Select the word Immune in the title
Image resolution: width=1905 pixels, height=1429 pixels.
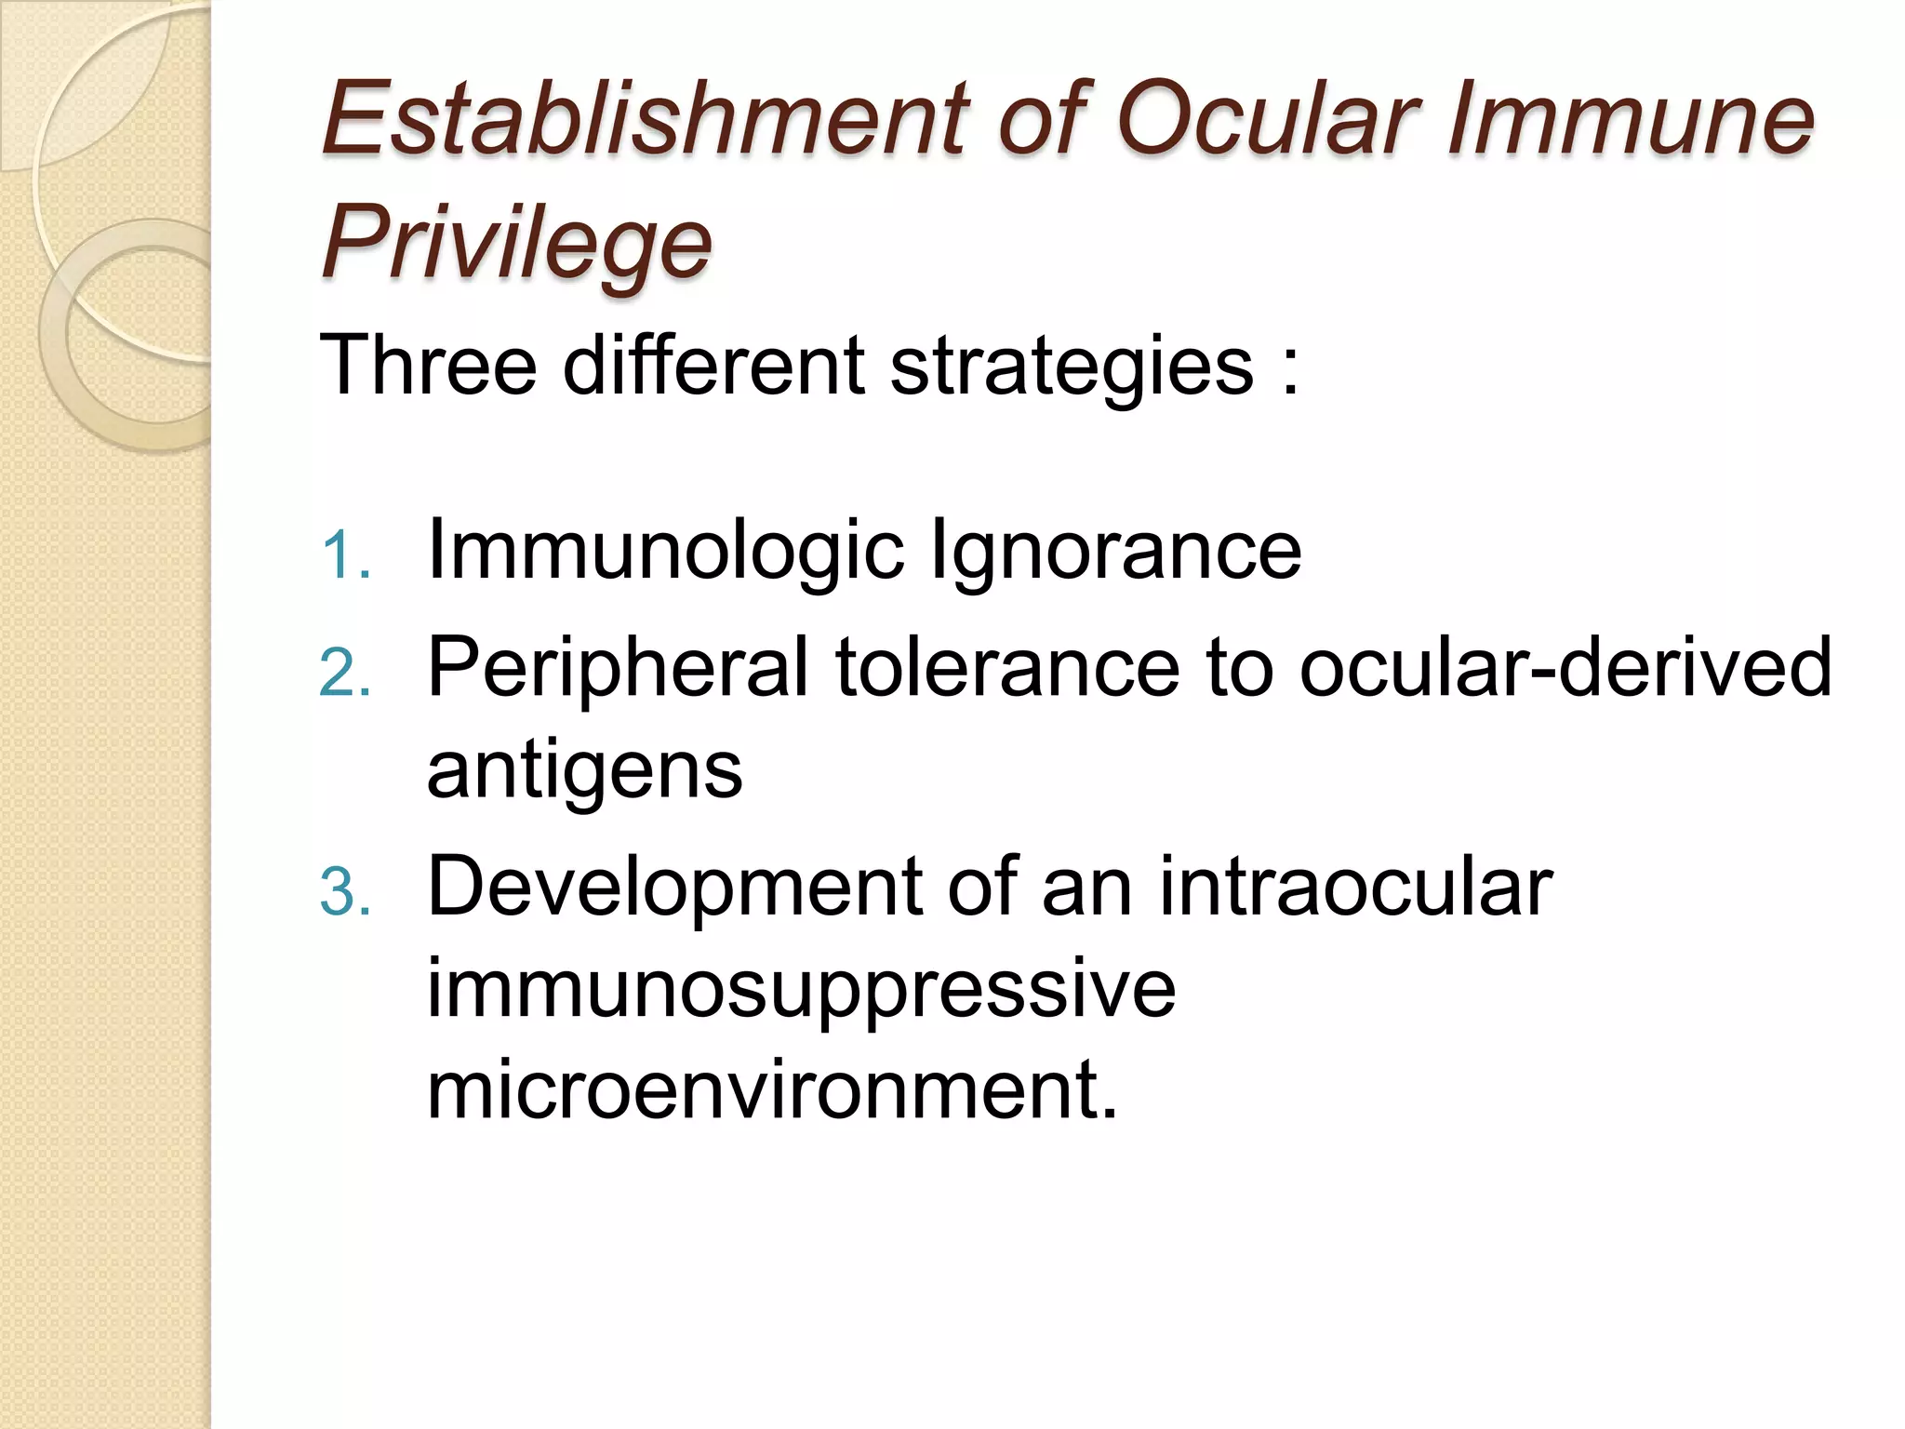[1628, 118]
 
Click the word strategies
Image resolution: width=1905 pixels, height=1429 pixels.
[1071, 366]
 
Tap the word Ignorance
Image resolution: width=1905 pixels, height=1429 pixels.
[1115, 552]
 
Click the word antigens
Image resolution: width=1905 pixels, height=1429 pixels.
[584, 772]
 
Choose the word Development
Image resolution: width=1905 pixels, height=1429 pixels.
[674, 889]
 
